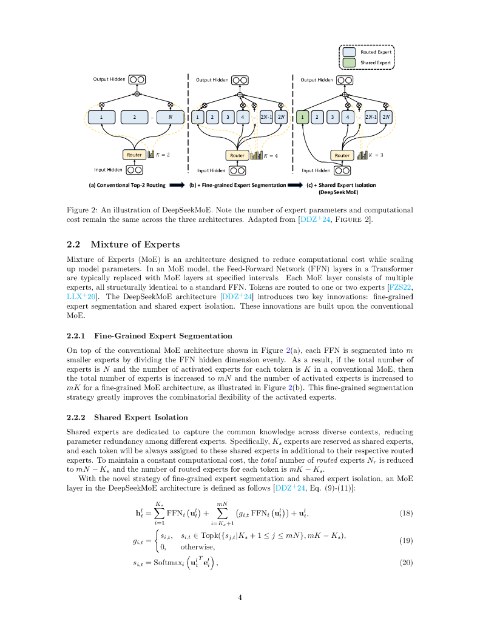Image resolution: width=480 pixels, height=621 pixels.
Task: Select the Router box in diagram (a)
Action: (x=134, y=155)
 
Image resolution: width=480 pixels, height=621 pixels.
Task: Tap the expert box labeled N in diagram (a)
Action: (x=171, y=116)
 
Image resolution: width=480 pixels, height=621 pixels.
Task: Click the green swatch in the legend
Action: (x=349, y=62)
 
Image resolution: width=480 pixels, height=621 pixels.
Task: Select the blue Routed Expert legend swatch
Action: (x=349, y=52)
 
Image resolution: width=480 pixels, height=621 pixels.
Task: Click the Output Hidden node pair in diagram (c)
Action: (x=345, y=79)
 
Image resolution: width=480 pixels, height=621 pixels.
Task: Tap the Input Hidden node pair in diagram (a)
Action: (x=134, y=170)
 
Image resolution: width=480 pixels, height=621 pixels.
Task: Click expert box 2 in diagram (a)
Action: (x=135, y=116)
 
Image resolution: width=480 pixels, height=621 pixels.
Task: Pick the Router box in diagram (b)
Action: (x=237, y=155)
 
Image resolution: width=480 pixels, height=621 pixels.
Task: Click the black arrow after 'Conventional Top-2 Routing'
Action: (x=177, y=185)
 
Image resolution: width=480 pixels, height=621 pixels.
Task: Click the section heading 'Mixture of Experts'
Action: (x=135, y=244)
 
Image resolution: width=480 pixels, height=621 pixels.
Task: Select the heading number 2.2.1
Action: (x=76, y=335)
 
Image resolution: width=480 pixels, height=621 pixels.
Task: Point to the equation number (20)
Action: (x=407, y=562)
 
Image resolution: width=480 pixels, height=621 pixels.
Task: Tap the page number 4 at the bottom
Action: (x=240, y=597)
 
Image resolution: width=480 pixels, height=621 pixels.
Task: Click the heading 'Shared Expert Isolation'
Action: (x=141, y=417)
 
